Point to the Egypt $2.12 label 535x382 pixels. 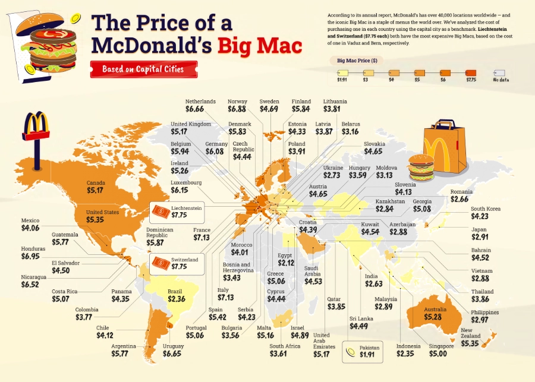[286, 260]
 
